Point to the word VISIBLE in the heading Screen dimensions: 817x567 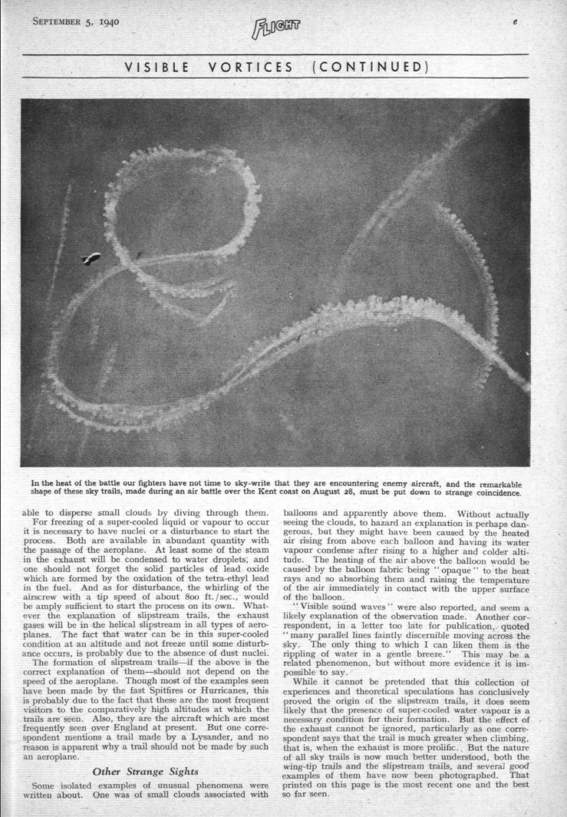[x=158, y=67]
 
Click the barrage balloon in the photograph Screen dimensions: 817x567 [x=91, y=258]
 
